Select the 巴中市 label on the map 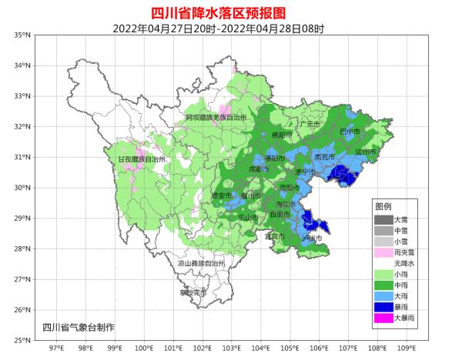pos(350,132)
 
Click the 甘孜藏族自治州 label pos(142,159)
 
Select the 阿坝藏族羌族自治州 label pos(216,118)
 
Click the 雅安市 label pos(222,196)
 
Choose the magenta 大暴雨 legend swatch pos(383,318)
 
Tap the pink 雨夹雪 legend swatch pos(383,252)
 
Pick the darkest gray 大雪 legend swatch pos(383,219)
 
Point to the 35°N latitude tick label pos(22,35)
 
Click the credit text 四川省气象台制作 pos(79,328)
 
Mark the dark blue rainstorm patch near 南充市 pos(344,178)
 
